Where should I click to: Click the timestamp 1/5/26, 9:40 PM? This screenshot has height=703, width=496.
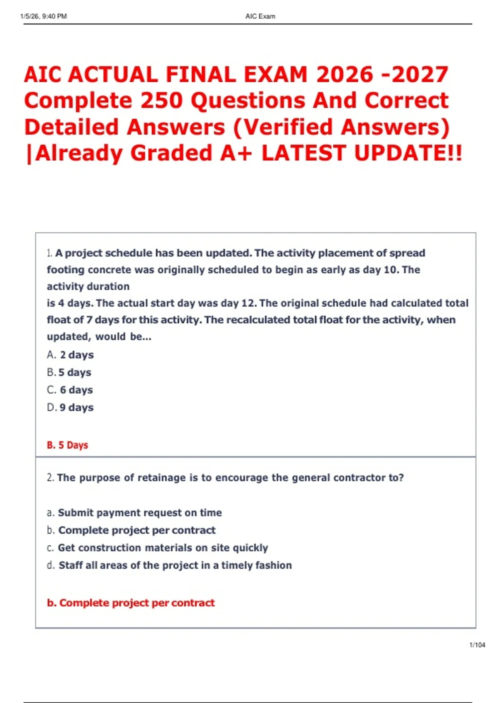(43, 17)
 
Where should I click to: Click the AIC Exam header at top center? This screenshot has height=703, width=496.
(260, 17)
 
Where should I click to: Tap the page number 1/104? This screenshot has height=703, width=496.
(477, 645)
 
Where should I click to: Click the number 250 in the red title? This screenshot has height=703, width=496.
(161, 101)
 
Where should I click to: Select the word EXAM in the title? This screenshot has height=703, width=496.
(275, 75)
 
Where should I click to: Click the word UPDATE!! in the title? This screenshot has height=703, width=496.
(408, 153)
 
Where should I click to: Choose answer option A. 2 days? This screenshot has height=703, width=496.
(70, 355)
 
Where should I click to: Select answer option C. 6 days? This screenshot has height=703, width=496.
(70, 390)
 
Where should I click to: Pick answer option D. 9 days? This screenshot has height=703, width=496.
(70, 407)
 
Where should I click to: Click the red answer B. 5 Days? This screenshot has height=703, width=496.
(67, 445)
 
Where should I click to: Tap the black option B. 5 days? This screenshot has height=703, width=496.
(69, 372)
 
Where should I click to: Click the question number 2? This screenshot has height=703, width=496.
(50, 478)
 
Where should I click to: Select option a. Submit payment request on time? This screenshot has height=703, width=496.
(134, 513)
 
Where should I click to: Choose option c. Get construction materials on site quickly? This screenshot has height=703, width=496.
(157, 548)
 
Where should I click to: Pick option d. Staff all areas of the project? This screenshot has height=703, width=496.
(169, 565)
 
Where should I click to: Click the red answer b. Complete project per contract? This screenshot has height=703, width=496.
(131, 603)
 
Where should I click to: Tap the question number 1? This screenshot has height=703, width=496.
(49, 253)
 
